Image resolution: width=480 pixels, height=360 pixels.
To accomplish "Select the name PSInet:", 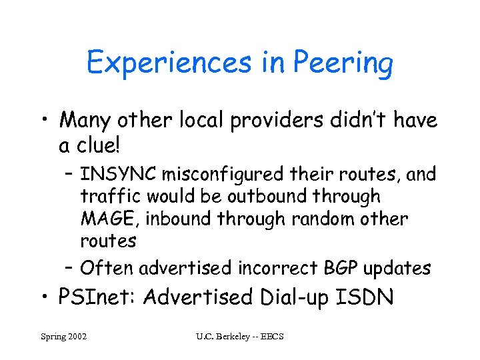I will tap(97, 297).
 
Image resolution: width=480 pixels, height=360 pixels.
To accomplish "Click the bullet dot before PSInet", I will tap(48, 297).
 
